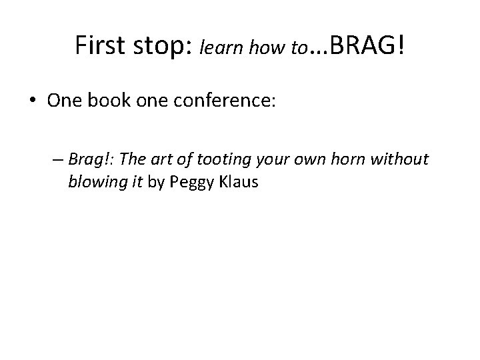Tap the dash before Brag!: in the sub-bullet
tap(55, 160)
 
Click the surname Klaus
tap(238, 181)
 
